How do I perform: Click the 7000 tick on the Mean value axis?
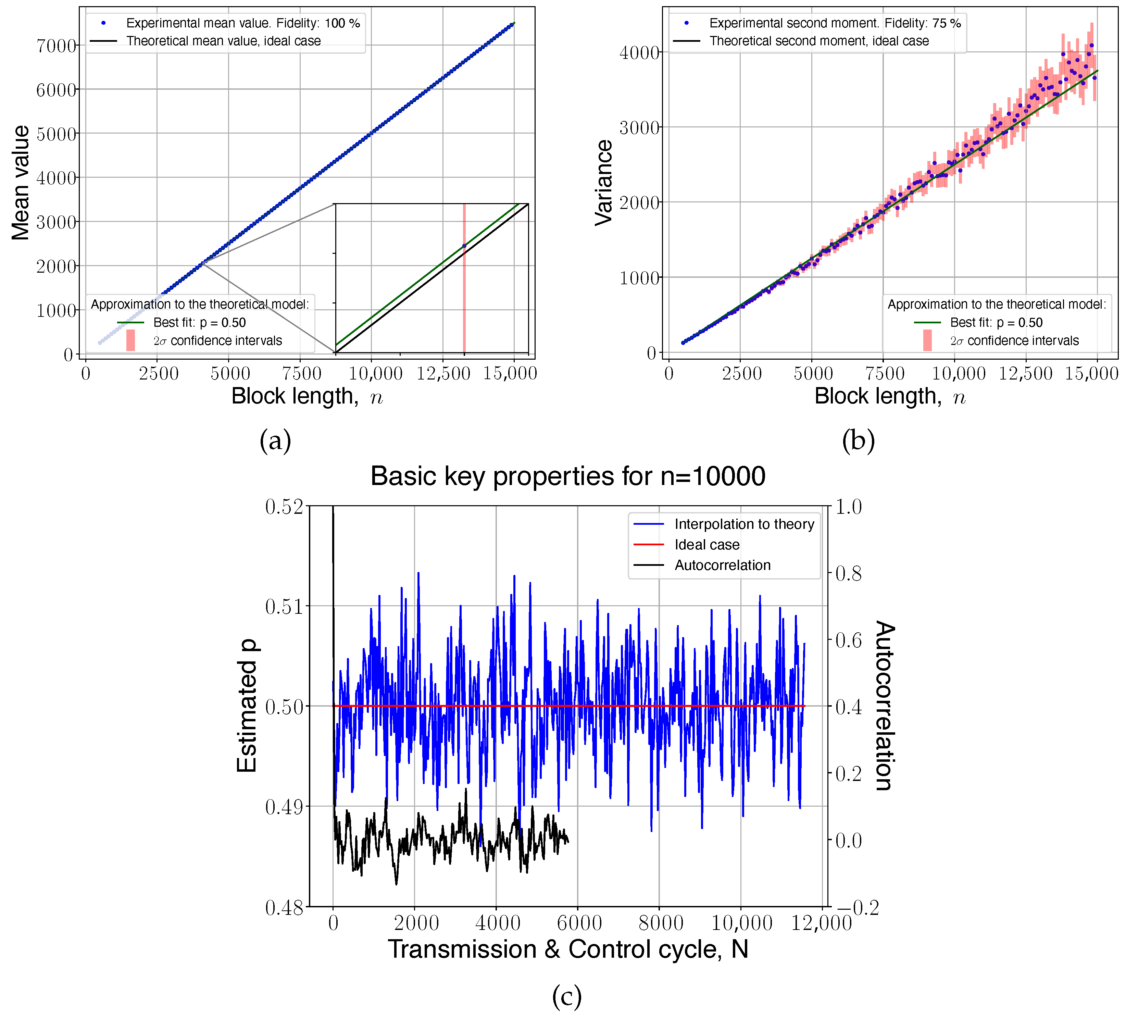click(56, 45)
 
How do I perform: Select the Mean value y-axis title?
click(21, 183)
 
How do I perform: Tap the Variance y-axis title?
click(604, 183)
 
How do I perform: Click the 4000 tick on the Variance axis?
click(639, 52)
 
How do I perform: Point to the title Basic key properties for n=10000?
click(567, 476)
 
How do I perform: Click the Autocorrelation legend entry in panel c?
click(722, 566)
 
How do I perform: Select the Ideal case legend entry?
click(706, 545)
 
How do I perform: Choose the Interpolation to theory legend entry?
click(744, 524)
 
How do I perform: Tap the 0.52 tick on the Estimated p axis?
click(284, 507)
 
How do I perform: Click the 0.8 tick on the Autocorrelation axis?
click(848, 573)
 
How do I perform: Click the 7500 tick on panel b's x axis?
click(884, 373)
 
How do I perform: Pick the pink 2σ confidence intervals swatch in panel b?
click(927, 340)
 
